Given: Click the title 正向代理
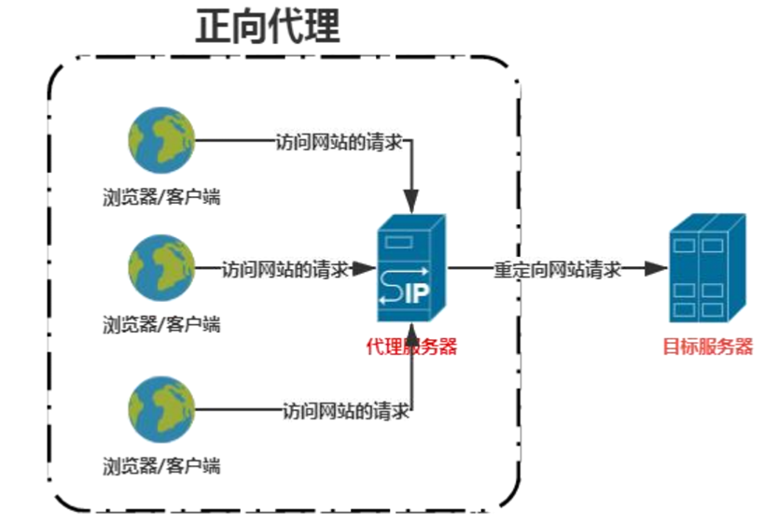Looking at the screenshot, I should pyautogui.click(x=267, y=28).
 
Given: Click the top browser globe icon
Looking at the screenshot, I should pyautogui.click(x=162, y=140).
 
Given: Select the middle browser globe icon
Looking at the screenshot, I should pyautogui.click(x=162, y=267).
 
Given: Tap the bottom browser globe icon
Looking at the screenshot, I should pyautogui.click(x=162, y=408).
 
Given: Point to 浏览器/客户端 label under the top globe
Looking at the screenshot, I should pyautogui.click(x=162, y=196).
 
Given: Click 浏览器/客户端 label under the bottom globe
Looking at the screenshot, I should pyautogui.click(x=162, y=464).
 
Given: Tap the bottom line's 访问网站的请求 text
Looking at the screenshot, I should pyautogui.click(x=345, y=410).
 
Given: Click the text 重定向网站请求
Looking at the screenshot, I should pyautogui.click(x=557, y=269).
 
